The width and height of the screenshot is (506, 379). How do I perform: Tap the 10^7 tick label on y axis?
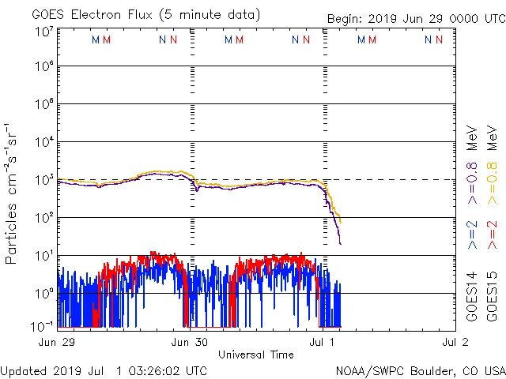point(44,32)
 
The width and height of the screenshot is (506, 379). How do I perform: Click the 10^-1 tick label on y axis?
point(43,325)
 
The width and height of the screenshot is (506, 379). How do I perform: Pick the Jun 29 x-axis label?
point(56,342)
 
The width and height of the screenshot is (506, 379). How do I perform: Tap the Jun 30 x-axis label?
point(190,342)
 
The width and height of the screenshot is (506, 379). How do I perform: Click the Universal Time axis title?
point(256,355)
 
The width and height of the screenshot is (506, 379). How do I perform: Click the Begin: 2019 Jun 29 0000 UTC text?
point(414,20)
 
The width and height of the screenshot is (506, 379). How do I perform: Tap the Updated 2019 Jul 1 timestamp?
point(104,370)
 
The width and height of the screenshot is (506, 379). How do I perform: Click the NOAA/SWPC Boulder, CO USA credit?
point(419,370)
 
